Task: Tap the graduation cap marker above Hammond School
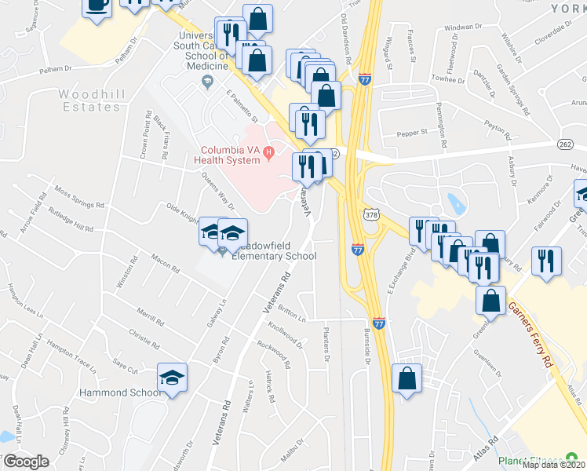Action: pos(173,376)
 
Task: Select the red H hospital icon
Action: pos(268,151)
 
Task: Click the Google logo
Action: pos(25,462)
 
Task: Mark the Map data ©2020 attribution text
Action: pos(552,465)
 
